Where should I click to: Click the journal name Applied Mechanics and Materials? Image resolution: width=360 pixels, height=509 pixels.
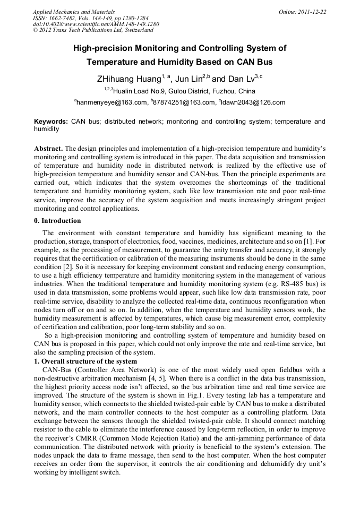click(x=74, y=12)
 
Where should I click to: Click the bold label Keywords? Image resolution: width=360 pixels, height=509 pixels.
click(x=51, y=122)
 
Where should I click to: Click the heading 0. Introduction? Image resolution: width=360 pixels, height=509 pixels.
click(x=57, y=221)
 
